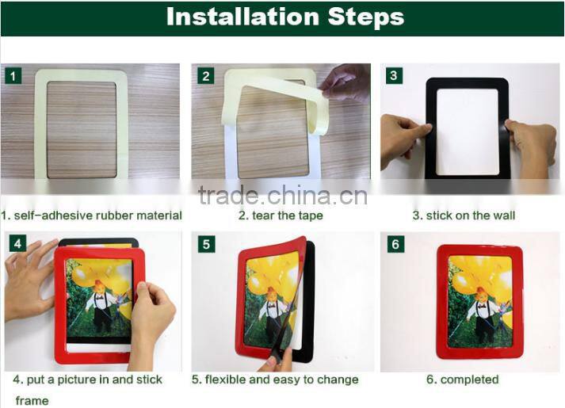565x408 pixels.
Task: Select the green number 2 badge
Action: point(206,76)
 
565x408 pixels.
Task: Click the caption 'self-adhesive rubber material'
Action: point(92,215)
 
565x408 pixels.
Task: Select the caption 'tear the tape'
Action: point(281,215)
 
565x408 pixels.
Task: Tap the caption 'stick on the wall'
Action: point(464,215)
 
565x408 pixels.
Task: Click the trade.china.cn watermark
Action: point(282,196)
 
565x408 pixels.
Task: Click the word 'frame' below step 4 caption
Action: point(32,401)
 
